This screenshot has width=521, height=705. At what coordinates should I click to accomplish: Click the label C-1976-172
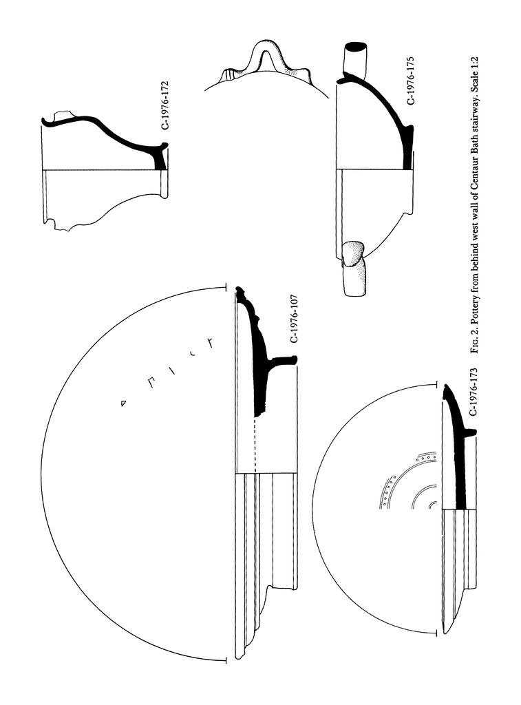[x=164, y=105]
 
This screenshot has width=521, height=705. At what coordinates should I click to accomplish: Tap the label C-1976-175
[x=410, y=81]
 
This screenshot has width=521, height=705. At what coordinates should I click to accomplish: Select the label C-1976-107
[x=294, y=319]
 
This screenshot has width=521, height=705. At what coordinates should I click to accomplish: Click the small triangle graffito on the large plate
[x=123, y=403]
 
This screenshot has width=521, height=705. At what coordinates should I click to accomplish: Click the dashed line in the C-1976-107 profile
[x=255, y=445]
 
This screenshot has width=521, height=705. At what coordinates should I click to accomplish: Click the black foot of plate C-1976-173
[x=470, y=432]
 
